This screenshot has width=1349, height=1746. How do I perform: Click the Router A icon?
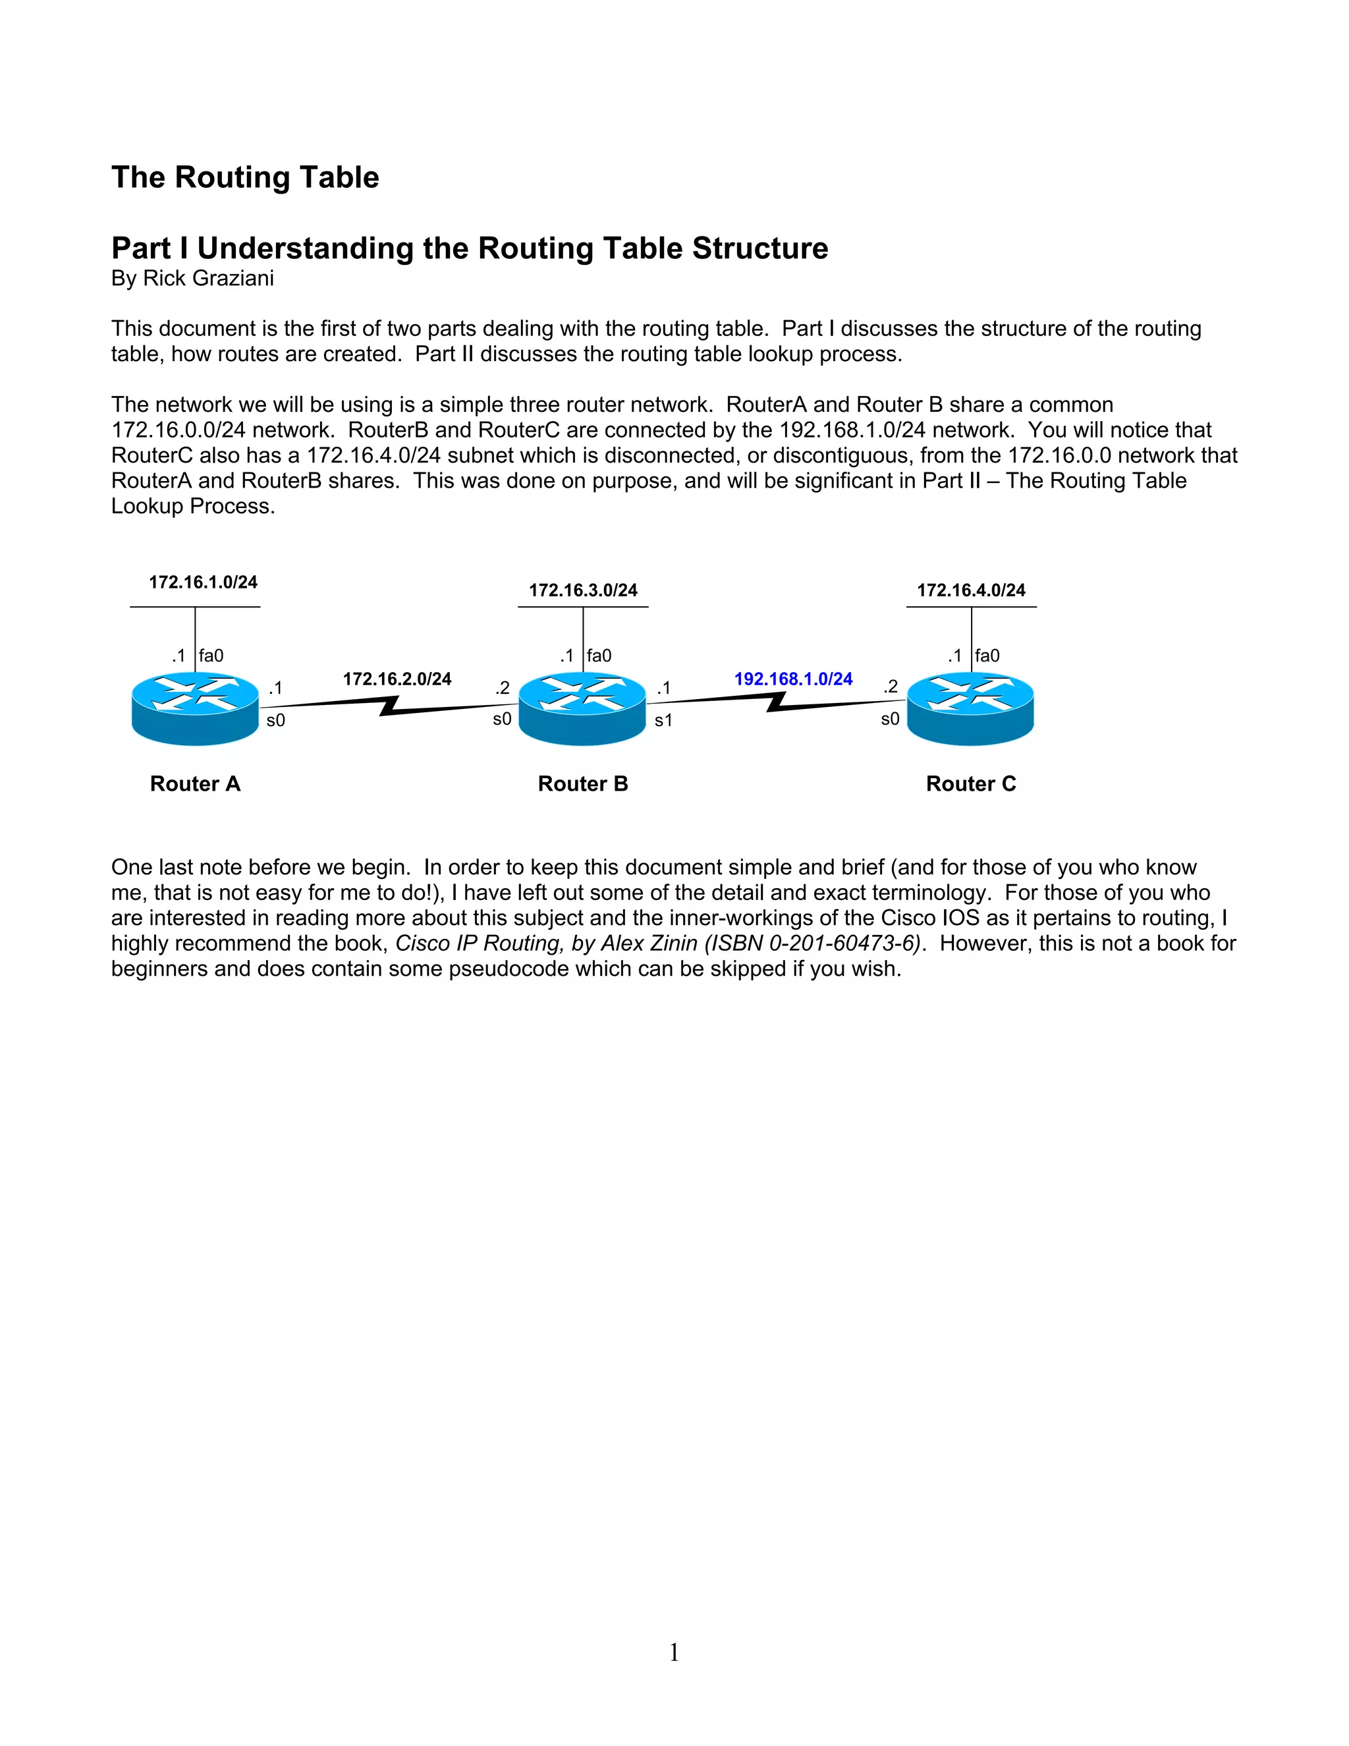195,708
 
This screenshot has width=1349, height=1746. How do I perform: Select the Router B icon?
582,708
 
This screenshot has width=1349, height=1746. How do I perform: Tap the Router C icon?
970,708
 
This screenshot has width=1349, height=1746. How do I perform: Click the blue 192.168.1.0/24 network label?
793,679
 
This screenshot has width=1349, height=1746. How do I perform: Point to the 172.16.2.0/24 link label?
397,679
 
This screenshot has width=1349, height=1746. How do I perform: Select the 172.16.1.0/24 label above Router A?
203,582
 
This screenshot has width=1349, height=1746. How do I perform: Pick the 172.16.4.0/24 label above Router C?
971,590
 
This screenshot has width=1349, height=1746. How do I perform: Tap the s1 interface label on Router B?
663,720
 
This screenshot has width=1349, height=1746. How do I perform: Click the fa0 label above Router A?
211,656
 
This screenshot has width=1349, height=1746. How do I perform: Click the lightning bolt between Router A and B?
389,705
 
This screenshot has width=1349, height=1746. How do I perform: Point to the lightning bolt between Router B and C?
776,701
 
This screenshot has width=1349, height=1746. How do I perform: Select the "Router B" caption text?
582,783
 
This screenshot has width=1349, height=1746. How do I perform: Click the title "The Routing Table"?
245,177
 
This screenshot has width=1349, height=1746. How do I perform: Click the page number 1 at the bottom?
674,1652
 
